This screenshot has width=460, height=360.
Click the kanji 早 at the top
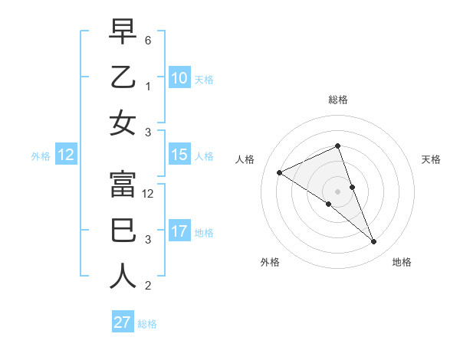(123, 33)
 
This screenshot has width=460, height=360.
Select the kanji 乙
(123, 78)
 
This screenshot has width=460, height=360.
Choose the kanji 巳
(123, 229)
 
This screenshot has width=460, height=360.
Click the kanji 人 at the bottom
(123, 274)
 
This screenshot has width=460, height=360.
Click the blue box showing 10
(179, 77)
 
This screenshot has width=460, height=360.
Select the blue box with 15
(179, 155)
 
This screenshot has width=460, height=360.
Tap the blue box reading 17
(179, 231)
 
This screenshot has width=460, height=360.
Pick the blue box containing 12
(65, 155)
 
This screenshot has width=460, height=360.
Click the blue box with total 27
(122, 322)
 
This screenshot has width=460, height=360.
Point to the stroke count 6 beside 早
(148, 39)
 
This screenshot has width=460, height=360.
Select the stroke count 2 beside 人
(148, 286)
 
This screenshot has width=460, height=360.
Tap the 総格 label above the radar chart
(338, 100)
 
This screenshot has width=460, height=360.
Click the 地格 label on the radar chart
(402, 262)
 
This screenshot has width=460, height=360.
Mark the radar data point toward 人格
(279, 173)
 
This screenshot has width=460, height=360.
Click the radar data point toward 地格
(374, 242)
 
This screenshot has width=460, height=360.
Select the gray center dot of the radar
(337, 191)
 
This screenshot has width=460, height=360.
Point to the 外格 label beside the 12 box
(41, 155)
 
